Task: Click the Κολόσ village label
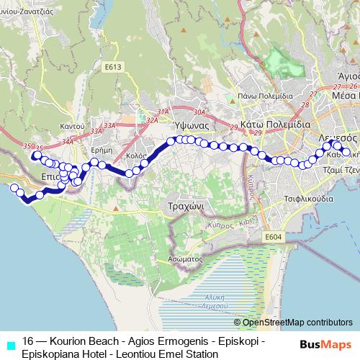point(136,156)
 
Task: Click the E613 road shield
point(112,68)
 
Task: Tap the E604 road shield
point(273,237)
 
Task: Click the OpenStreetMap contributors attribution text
point(293,323)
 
